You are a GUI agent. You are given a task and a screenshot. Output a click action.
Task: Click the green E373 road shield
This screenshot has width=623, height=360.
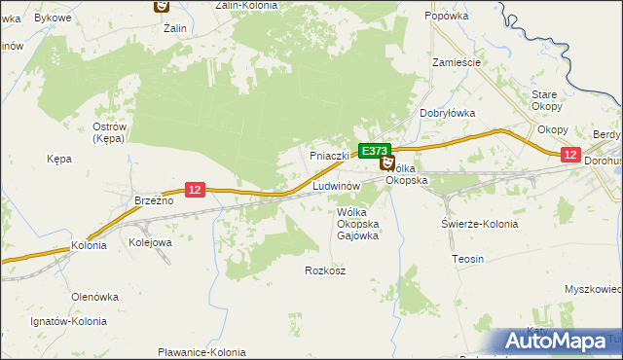[x=375, y=151]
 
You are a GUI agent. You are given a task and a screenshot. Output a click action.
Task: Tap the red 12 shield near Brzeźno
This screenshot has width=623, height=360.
[x=195, y=190]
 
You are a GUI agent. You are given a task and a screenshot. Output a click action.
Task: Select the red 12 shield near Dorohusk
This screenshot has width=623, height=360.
[x=570, y=155]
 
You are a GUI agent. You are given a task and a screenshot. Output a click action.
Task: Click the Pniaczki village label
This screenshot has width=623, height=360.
[x=329, y=156]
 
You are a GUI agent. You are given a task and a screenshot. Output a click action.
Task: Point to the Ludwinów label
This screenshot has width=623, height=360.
[x=338, y=185]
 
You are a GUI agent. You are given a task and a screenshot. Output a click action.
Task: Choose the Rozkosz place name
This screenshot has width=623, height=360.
[x=325, y=270]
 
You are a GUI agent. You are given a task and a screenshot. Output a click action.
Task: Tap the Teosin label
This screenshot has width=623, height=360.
[x=468, y=259]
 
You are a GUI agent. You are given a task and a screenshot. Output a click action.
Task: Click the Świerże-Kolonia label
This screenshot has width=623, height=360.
[x=478, y=224]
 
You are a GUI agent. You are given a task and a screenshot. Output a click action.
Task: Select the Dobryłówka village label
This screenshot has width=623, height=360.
[x=447, y=113]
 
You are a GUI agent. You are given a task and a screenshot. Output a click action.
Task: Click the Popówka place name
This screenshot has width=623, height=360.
[x=448, y=17]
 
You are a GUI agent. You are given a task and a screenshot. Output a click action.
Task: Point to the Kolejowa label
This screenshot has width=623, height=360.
[x=151, y=242]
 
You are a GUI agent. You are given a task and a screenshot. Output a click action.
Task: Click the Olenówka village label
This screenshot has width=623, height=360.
[x=94, y=296]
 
